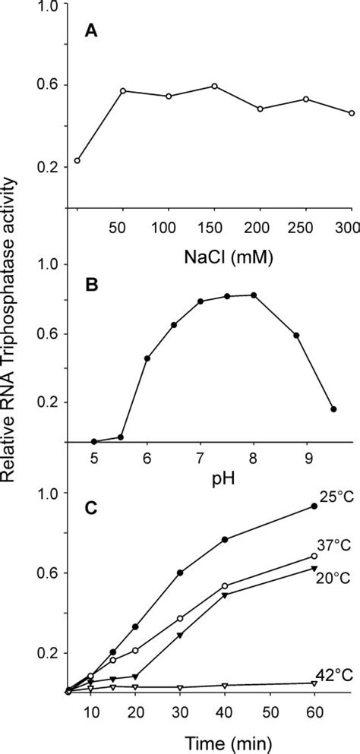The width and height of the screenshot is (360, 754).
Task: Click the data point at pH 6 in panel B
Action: click(147, 358)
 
